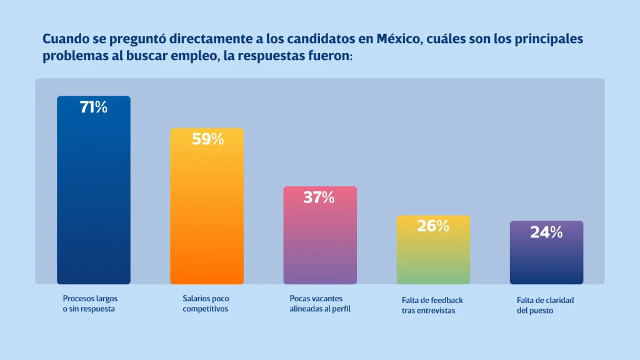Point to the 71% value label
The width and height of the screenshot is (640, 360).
tap(94, 107)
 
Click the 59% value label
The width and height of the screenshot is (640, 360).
tap(207, 139)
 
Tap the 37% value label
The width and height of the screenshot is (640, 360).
tap(319, 198)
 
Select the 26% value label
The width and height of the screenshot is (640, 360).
tap(433, 226)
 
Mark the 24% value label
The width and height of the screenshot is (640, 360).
tap(546, 232)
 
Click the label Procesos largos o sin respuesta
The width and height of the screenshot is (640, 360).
tap(90, 304)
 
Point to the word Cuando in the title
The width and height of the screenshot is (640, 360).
tap(66, 39)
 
